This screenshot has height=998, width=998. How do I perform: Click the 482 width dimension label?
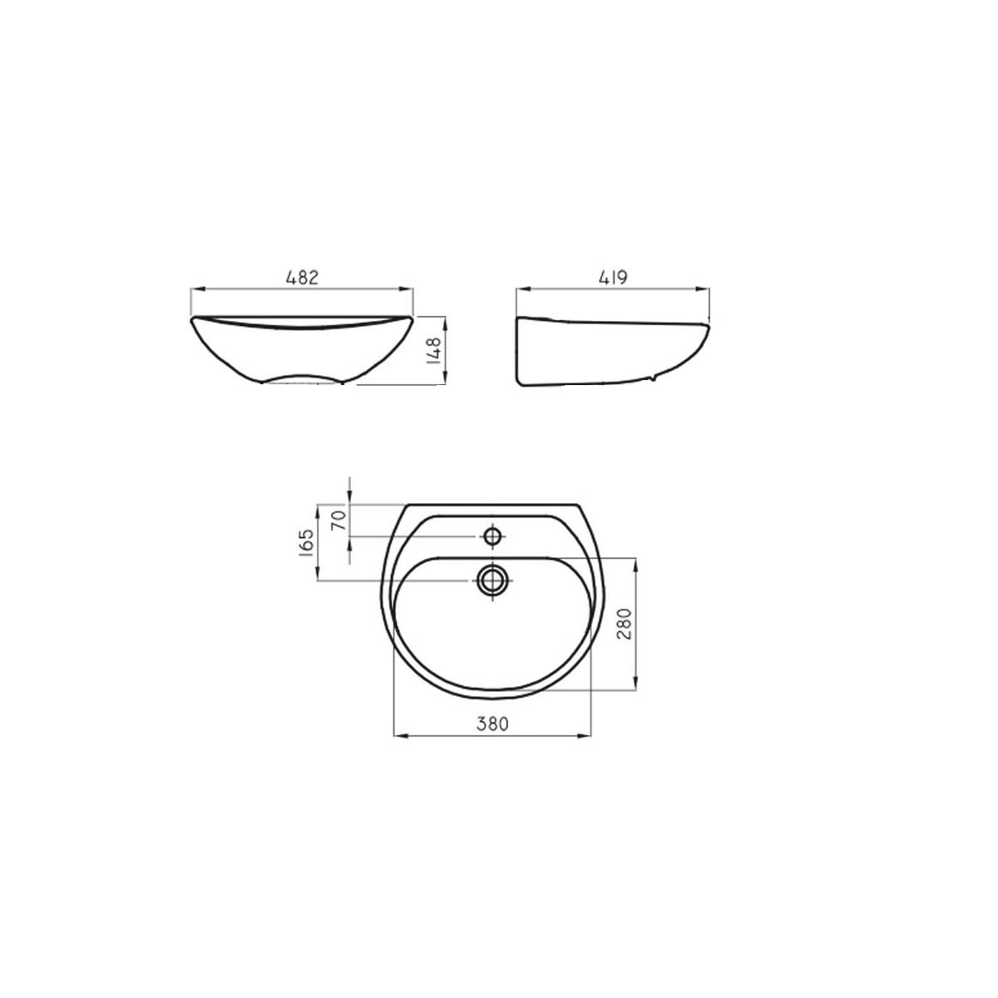point(301,278)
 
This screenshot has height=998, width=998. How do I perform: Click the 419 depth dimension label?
point(613,278)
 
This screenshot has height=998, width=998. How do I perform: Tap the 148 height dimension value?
point(433,351)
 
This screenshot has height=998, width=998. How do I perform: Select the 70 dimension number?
point(338,520)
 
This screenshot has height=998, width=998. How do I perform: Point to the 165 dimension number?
point(305,542)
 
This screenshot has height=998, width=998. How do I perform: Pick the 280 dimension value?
point(625,624)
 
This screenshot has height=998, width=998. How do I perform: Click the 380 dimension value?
point(492,723)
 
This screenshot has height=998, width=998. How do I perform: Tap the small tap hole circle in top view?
point(492,536)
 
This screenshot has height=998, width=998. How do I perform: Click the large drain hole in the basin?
point(492,581)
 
